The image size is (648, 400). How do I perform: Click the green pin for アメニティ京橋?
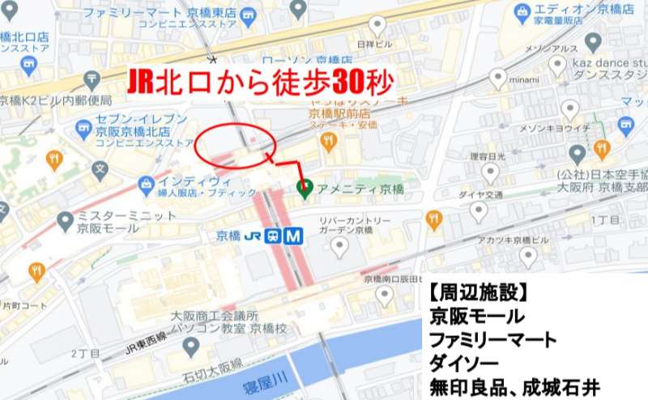(305, 189)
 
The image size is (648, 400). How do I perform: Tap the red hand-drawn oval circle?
(235, 144)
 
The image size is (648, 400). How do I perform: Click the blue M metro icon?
(293, 236)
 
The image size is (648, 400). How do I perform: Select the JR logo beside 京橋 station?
(254, 236)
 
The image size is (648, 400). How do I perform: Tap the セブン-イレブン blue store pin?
(83, 128)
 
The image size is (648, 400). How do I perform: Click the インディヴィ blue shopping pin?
(146, 185)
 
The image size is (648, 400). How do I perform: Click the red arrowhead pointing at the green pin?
(305, 175)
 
